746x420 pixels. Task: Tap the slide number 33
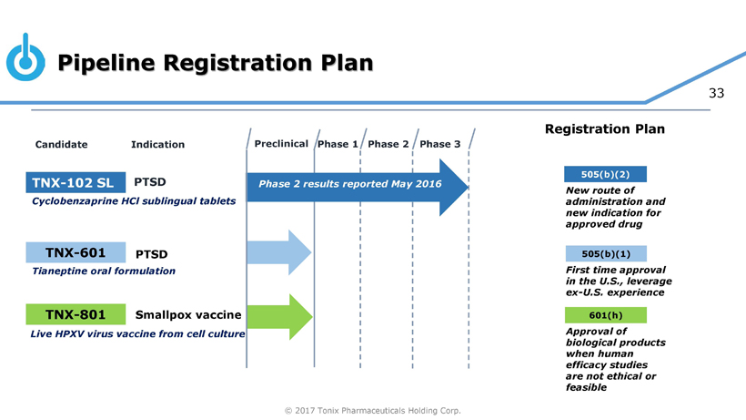[716, 93]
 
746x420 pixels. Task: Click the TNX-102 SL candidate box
[76, 182]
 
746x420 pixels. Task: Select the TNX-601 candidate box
[76, 252]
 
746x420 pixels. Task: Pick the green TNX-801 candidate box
[76, 314]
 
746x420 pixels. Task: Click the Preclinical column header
[281, 144]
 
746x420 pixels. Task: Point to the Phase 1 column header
[338, 144]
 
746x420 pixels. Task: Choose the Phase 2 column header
[388, 144]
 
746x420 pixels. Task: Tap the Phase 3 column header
[440, 144]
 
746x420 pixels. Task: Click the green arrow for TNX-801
[280, 317]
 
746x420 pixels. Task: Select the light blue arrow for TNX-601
[279, 252]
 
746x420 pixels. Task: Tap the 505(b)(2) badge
[605, 174]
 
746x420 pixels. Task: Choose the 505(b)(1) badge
[606, 254]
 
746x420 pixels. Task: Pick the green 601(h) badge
[606, 315]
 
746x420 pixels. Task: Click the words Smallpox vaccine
[188, 314]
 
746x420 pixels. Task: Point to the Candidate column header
[61, 144]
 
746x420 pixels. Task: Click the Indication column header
[158, 144]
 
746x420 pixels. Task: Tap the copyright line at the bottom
[372, 411]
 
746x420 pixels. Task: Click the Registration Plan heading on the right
[605, 129]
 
